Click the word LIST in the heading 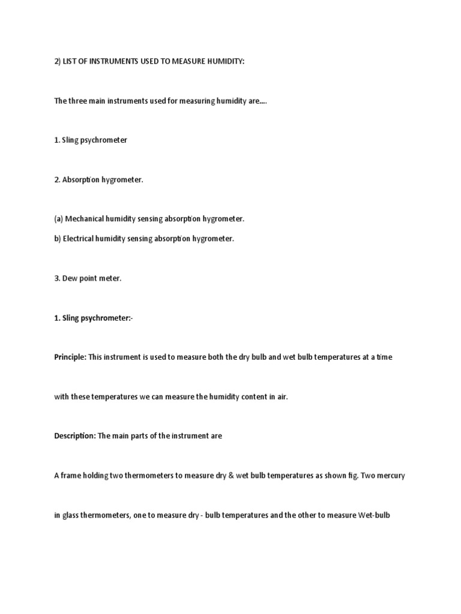71,62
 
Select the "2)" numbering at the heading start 58,62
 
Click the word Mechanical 85,219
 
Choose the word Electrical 78,239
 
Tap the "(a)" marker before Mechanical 58,219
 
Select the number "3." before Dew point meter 57,278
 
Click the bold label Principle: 70,357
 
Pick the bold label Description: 74,436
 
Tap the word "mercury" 391,475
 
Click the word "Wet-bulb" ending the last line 375,515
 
